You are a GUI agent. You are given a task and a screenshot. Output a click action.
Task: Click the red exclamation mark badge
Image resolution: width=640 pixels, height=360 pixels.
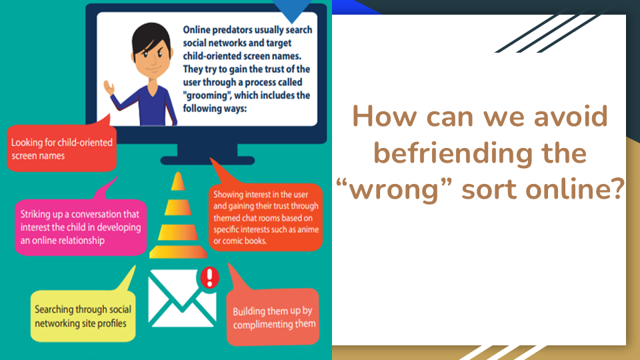[x=209, y=277]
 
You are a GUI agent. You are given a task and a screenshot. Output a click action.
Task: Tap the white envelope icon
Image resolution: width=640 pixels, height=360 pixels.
[x=181, y=298]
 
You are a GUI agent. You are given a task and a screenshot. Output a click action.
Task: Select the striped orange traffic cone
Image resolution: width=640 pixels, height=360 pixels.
[x=178, y=215]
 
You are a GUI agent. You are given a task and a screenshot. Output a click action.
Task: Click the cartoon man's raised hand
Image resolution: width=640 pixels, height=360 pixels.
[x=109, y=87]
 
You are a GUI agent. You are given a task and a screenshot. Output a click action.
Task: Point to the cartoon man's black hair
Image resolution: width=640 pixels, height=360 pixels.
[x=151, y=39]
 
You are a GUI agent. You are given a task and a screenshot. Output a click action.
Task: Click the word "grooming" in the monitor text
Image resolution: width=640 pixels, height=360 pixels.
[x=207, y=95]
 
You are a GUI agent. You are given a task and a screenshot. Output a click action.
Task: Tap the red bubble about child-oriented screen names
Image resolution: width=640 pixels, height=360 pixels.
[x=61, y=148]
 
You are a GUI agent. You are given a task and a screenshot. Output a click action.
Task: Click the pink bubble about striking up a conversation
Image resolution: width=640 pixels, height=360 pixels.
[x=81, y=227]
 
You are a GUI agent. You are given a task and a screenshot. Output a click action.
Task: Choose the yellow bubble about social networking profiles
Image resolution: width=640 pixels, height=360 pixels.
[x=83, y=316]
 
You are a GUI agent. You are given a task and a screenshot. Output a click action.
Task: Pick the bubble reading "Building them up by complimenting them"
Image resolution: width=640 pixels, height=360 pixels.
[x=273, y=317]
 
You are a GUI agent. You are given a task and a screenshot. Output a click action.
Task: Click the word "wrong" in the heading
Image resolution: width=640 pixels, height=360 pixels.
[x=394, y=190]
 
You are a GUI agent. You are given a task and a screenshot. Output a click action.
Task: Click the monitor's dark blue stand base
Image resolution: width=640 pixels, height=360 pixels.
[x=207, y=161]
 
